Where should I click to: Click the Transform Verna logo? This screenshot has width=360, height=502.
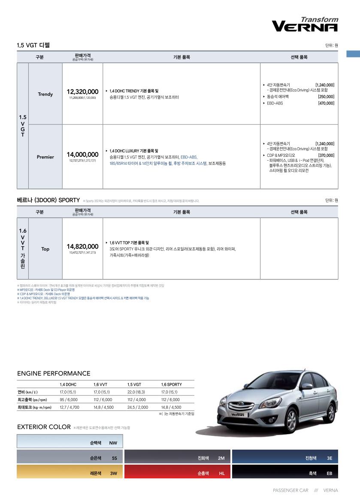pos(305,25)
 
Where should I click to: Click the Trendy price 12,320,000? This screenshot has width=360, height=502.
pos(82,92)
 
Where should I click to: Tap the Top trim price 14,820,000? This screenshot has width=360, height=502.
pos(82,246)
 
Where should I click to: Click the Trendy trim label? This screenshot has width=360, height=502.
pos(45,94)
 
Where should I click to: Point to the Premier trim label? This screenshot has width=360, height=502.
pos(45,157)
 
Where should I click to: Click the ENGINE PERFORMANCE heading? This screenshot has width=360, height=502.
pos(54,374)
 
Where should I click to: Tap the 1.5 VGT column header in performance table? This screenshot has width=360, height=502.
pos(134,385)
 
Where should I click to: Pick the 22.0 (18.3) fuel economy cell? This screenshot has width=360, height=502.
pos(136,392)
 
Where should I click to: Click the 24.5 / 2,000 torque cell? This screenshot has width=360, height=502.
pos(138,408)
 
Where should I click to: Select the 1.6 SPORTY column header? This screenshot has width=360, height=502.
pos(172,385)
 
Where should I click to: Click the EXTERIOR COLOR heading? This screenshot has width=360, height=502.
pos(44,427)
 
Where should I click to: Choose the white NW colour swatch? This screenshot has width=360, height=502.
pos(70,441)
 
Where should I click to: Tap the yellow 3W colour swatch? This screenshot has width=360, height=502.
pos(70,472)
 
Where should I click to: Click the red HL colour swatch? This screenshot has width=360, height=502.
pos(177,472)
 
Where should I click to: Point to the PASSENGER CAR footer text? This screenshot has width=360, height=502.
pos(290,490)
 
